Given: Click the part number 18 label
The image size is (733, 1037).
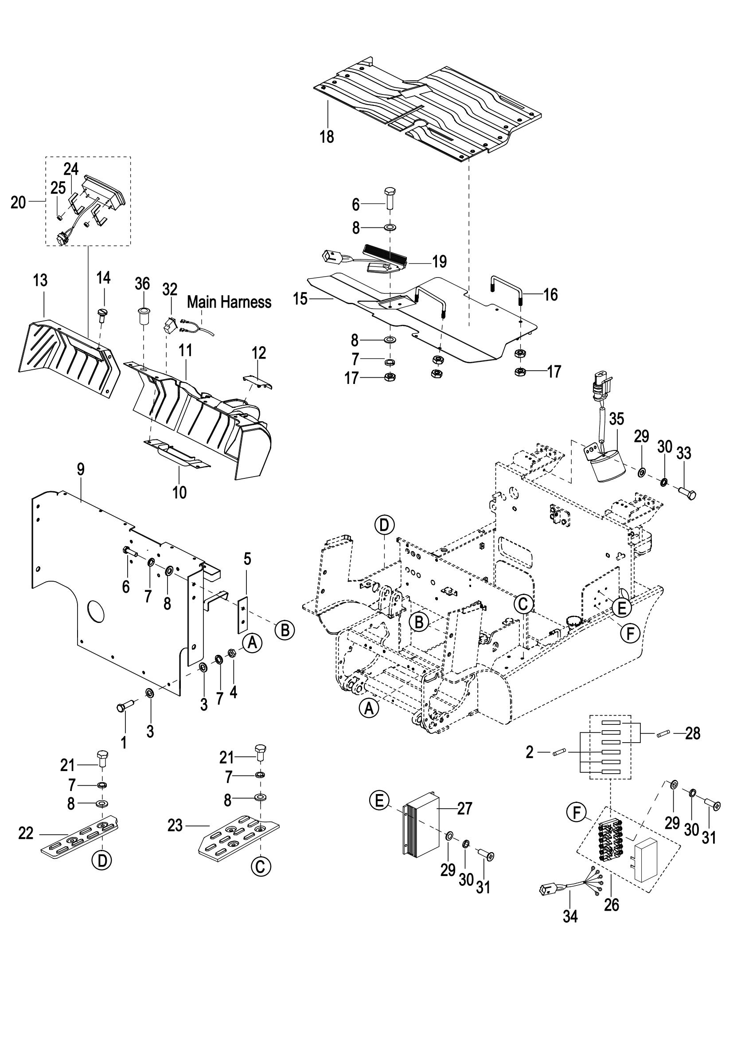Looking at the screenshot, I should pyautogui.click(x=327, y=136).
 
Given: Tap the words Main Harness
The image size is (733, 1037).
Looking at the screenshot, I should pyautogui.click(x=229, y=302).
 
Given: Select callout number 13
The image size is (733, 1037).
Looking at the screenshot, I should pyautogui.click(x=40, y=280).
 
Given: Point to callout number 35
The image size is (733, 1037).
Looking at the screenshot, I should pyautogui.click(x=616, y=419).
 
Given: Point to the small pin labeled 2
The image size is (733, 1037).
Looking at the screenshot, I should pyautogui.click(x=557, y=752).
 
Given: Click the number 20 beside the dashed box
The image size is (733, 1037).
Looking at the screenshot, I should pyautogui.click(x=18, y=203).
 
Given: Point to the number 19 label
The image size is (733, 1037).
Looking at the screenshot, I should pyautogui.click(x=439, y=262).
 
